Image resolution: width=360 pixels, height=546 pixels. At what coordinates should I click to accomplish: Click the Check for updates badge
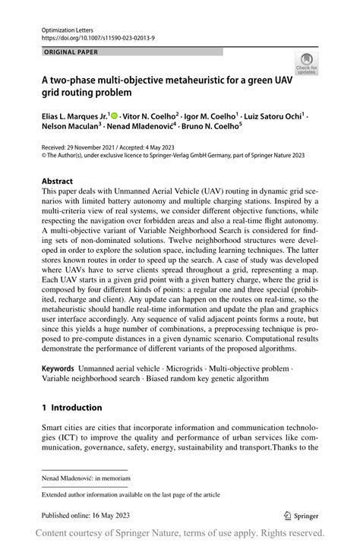tap(306, 64)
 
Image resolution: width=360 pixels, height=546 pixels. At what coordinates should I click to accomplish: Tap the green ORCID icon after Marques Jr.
tap(114, 115)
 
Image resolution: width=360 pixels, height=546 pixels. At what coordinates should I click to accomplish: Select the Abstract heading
tap(58, 181)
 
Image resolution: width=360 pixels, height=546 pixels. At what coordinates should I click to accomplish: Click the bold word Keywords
tap(58, 368)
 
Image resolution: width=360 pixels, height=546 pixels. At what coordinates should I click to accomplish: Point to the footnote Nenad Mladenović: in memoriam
tap(87, 479)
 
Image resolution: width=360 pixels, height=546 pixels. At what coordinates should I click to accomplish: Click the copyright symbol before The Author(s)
tap(45, 154)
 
